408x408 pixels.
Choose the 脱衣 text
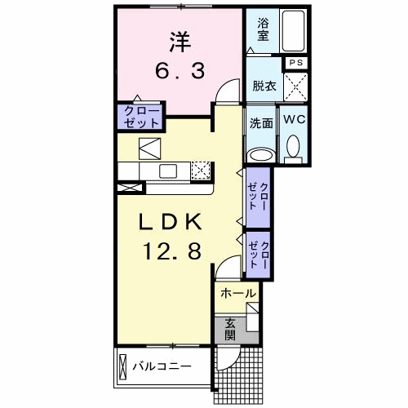click(264, 85)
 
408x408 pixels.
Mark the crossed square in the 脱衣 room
click(296, 85)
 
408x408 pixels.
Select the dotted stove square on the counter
click(201, 171)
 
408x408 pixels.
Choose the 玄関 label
click(231, 328)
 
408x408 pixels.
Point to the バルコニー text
click(162, 366)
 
